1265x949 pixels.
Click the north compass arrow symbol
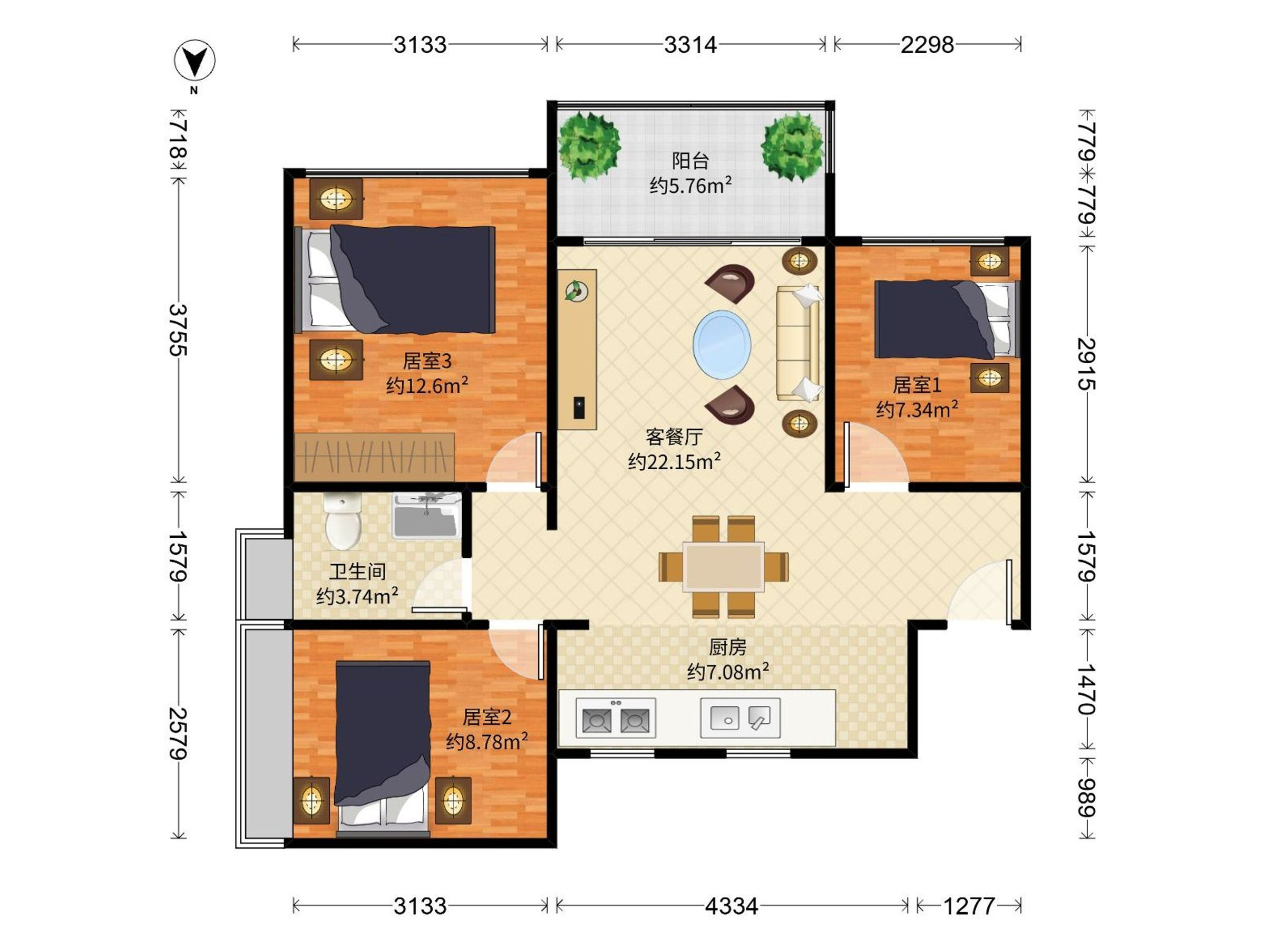(x=194, y=60)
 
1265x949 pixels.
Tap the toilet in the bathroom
(x=342, y=520)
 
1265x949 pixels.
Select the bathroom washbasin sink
(x=426, y=516)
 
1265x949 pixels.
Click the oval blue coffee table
(x=722, y=344)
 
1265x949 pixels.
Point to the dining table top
(x=724, y=566)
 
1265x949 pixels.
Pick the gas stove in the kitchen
(x=615, y=718)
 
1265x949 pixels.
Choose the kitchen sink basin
(x=740, y=718)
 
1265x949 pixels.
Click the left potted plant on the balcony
(x=588, y=146)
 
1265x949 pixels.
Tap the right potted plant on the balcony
(x=793, y=146)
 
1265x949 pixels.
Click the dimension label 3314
(x=690, y=45)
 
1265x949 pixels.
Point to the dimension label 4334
(x=732, y=906)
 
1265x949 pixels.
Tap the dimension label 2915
(x=1086, y=364)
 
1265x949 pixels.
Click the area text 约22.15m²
(x=674, y=461)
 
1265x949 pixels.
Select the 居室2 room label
(x=486, y=716)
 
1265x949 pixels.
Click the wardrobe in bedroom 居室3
(x=374, y=457)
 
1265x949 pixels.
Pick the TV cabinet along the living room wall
(x=578, y=350)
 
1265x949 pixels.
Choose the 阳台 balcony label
(x=690, y=161)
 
